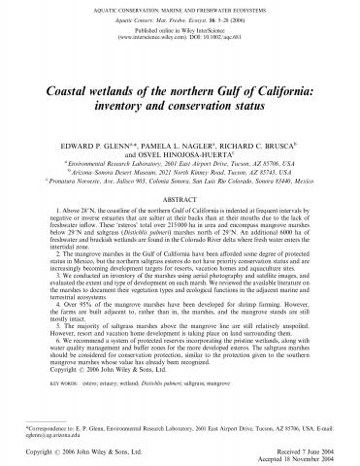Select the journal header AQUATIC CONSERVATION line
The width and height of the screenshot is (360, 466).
[180, 8]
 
